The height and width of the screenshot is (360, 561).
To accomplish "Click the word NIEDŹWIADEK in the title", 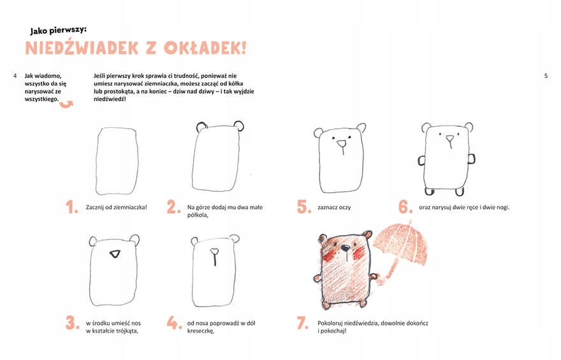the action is (x=82, y=48).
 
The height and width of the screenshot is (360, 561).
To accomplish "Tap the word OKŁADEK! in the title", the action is (x=205, y=48).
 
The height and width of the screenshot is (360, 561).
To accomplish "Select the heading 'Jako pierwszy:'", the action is (x=58, y=31).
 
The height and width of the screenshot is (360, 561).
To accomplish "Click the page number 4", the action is (x=15, y=76).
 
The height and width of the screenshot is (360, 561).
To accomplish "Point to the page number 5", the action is (x=546, y=76).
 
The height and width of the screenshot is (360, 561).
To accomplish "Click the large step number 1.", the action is (x=72, y=207).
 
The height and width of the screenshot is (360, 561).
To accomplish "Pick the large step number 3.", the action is (x=72, y=323).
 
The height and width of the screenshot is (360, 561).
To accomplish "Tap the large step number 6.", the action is (x=405, y=206).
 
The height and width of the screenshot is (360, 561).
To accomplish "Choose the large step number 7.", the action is (x=303, y=323).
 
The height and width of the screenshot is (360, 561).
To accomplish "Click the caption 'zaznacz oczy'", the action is (x=334, y=207).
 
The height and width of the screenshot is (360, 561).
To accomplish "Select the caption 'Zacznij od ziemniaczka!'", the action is (x=116, y=207).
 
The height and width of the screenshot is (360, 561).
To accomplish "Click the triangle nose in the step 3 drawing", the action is (x=115, y=254).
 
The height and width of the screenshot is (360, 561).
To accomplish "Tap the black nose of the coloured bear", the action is (x=346, y=247).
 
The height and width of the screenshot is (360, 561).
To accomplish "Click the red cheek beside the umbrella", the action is (x=359, y=253).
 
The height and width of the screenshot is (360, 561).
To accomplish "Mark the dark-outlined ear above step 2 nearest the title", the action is (x=202, y=127).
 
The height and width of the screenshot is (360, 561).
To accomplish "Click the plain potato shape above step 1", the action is (x=117, y=161).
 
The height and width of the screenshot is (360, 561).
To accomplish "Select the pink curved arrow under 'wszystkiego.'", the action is (x=66, y=104).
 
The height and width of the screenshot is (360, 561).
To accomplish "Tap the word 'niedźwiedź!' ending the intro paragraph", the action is (x=110, y=99).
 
